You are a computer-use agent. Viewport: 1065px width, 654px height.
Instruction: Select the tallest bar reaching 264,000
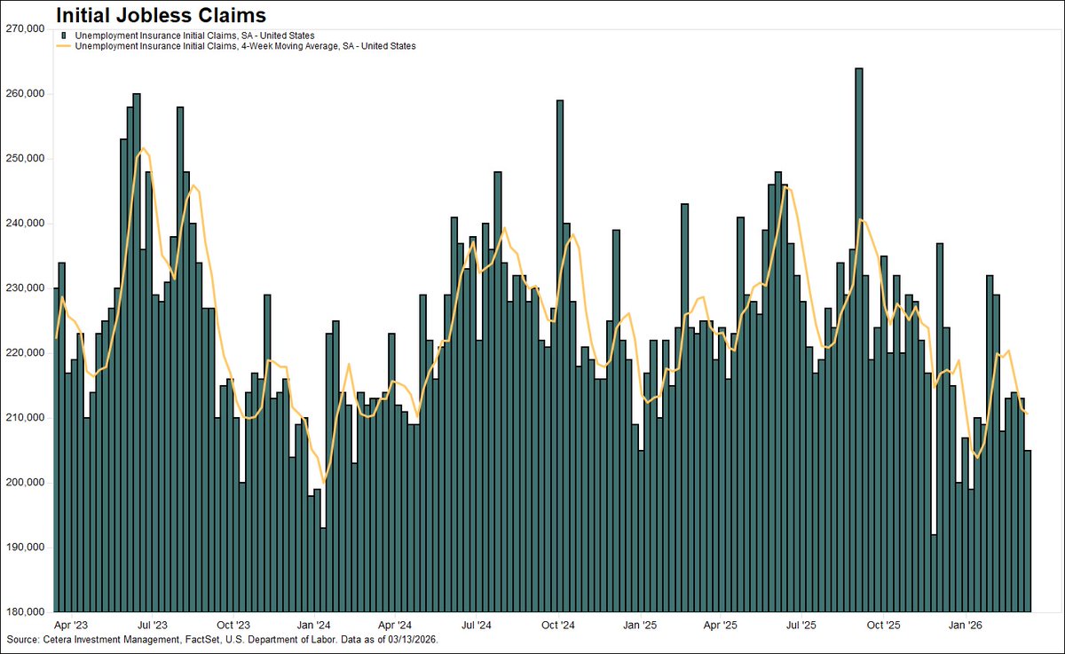858,337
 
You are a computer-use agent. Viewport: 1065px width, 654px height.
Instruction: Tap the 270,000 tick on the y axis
25,28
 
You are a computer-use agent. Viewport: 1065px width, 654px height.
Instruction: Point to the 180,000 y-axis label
25,611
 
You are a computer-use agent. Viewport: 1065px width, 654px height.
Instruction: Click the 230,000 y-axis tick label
25,288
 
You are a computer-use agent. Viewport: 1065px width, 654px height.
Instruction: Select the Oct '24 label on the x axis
560,625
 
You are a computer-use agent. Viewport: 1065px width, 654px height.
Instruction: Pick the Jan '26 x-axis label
965,625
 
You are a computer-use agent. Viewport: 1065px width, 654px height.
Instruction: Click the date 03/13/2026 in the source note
407,640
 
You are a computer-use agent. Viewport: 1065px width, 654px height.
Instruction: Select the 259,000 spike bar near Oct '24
560,355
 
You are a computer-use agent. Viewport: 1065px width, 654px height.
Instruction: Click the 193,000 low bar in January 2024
324,568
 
